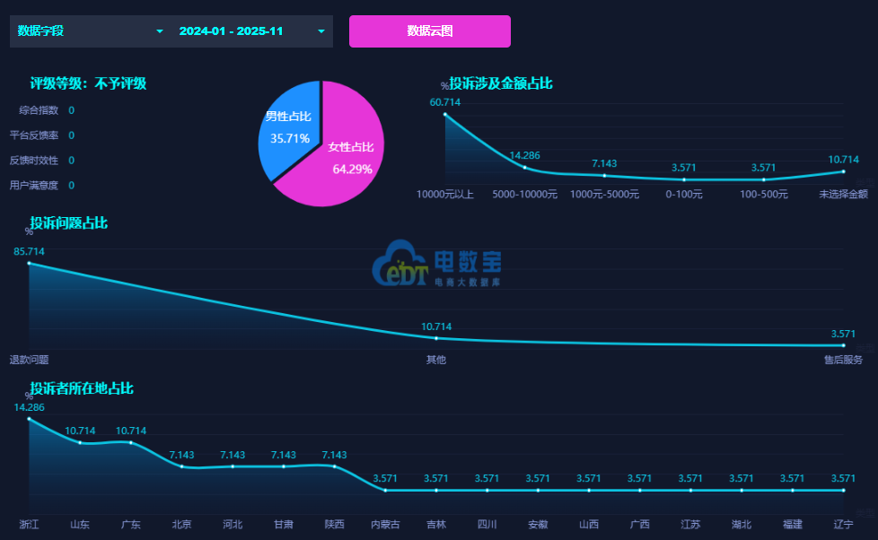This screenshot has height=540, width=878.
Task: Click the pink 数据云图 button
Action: click(x=429, y=31)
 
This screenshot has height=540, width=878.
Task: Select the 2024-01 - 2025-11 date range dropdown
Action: click(x=251, y=31)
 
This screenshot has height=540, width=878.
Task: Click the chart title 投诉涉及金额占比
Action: click(x=501, y=83)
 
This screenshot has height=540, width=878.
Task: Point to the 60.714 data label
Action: click(x=445, y=102)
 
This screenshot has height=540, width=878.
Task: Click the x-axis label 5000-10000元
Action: click(x=525, y=193)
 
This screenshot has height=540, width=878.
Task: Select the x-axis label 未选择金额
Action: click(x=843, y=193)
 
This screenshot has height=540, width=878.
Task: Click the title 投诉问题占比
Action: click(x=69, y=222)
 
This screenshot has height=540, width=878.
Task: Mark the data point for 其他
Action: click(x=436, y=338)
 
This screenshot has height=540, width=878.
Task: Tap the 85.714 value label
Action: click(x=29, y=251)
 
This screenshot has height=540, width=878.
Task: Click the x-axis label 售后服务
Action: click(x=843, y=360)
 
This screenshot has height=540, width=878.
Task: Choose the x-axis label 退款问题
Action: click(x=29, y=360)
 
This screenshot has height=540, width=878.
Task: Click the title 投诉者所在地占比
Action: click(x=82, y=388)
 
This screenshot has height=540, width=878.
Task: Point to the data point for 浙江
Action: click(x=29, y=419)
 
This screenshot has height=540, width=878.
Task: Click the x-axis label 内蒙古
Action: click(x=385, y=524)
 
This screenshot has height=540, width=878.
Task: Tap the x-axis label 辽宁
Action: click(x=843, y=524)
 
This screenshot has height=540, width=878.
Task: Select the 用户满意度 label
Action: click(x=34, y=186)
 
